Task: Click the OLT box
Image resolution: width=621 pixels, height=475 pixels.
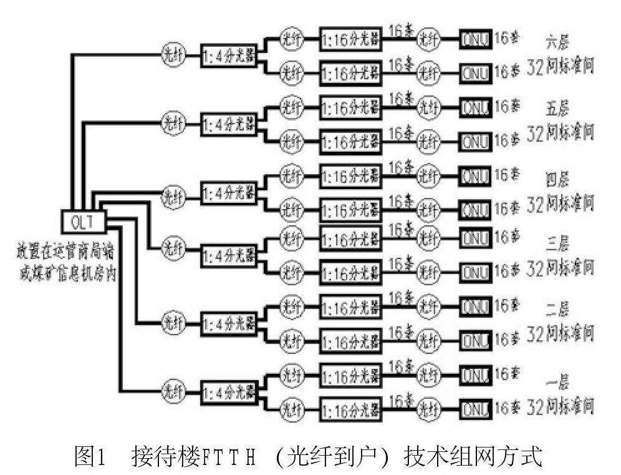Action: coord(83,220)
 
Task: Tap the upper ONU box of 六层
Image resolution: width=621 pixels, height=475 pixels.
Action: coord(476,37)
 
